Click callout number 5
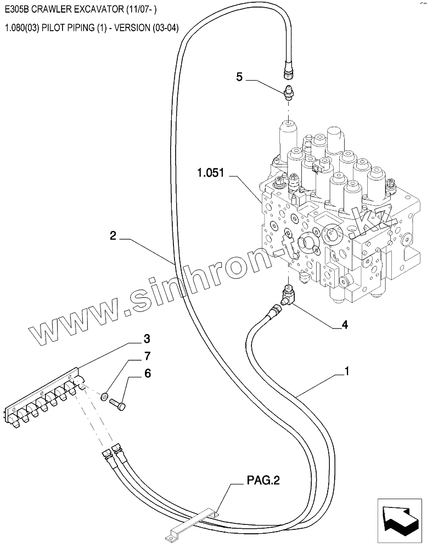[x=239, y=77]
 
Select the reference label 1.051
[x=211, y=174]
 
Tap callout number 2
[x=113, y=236]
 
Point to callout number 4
[x=345, y=324]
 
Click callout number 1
[x=346, y=371]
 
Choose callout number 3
[x=147, y=337]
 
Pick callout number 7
[x=147, y=356]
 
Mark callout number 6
[x=147, y=374]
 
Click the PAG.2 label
[x=262, y=481]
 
